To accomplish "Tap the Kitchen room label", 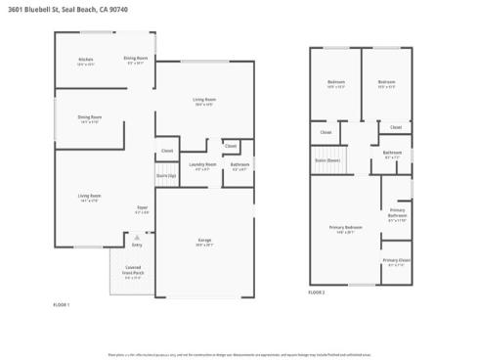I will click(x=86, y=60).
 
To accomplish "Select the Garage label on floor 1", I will click(x=205, y=241).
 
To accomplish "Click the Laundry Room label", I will click(x=202, y=164).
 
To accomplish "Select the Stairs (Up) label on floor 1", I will click(x=166, y=176).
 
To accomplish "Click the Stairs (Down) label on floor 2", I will click(x=327, y=158).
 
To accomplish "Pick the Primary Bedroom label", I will click(x=346, y=227).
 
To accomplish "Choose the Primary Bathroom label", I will click(x=397, y=212).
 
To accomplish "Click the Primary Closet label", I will click(x=398, y=261).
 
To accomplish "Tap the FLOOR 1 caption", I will click(x=62, y=305).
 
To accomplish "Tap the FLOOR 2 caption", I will click(x=317, y=292).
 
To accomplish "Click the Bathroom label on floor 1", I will click(x=239, y=164).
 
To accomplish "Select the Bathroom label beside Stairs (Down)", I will click(x=392, y=153).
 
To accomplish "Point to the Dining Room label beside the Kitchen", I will click(x=136, y=60).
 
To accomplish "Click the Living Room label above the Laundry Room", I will click(x=203, y=100).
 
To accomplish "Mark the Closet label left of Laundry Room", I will click(x=167, y=151).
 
